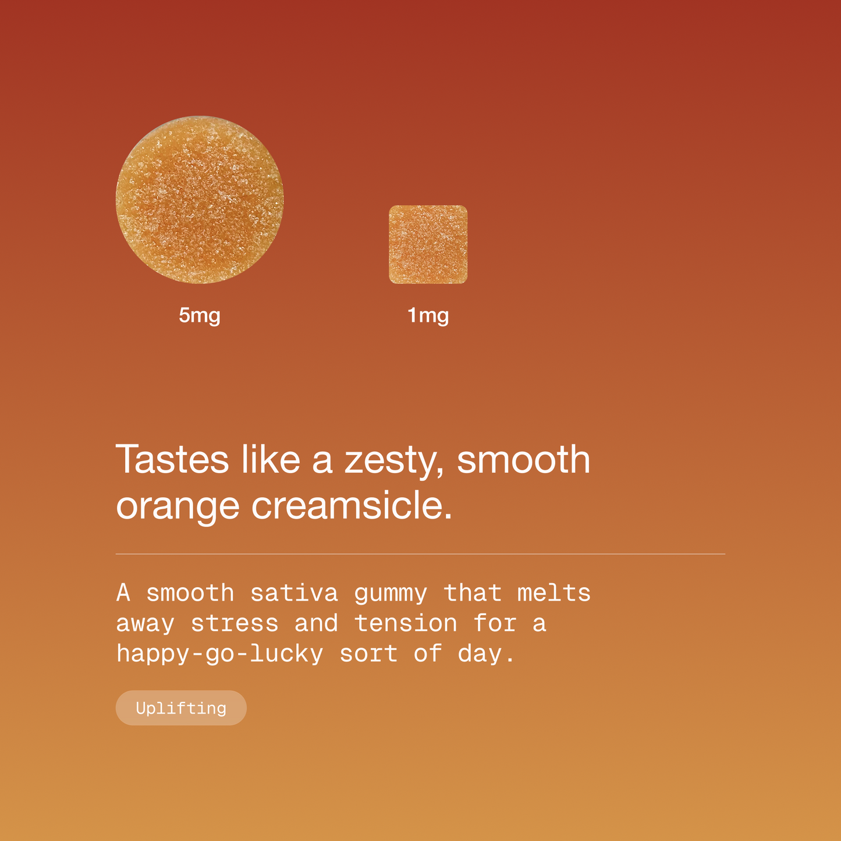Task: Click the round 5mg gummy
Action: pyautogui.click(x=200, y=200)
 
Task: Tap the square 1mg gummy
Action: pyautogui.click(x=428, y=244)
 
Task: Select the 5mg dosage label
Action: pyautogui.click(x=200, y=315)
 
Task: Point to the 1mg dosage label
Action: pyautogui.click(x=428, y=315)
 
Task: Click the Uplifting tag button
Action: pyautogui.click(x=181, y=708)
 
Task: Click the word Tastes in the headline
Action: pyautogui.click(x=172, y=460)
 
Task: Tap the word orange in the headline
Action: pyautogui.click(x=178, y=506)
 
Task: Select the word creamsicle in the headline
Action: pyautogui.click(x=351, y=505)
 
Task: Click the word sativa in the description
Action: pyautogui.click(x=294, y=593)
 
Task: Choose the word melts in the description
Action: pyautogui.click(x=553, y=593)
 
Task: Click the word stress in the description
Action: pyautogui.click(x=235, y=623)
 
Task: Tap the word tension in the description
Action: pyautogui.click(x=405, y=623)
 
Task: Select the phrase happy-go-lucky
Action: pyautogui.click(x=219, y=654)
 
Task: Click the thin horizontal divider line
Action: pyautogui.click(x=420, y=554)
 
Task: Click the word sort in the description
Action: pyautogui.click(x=368, y=654)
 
